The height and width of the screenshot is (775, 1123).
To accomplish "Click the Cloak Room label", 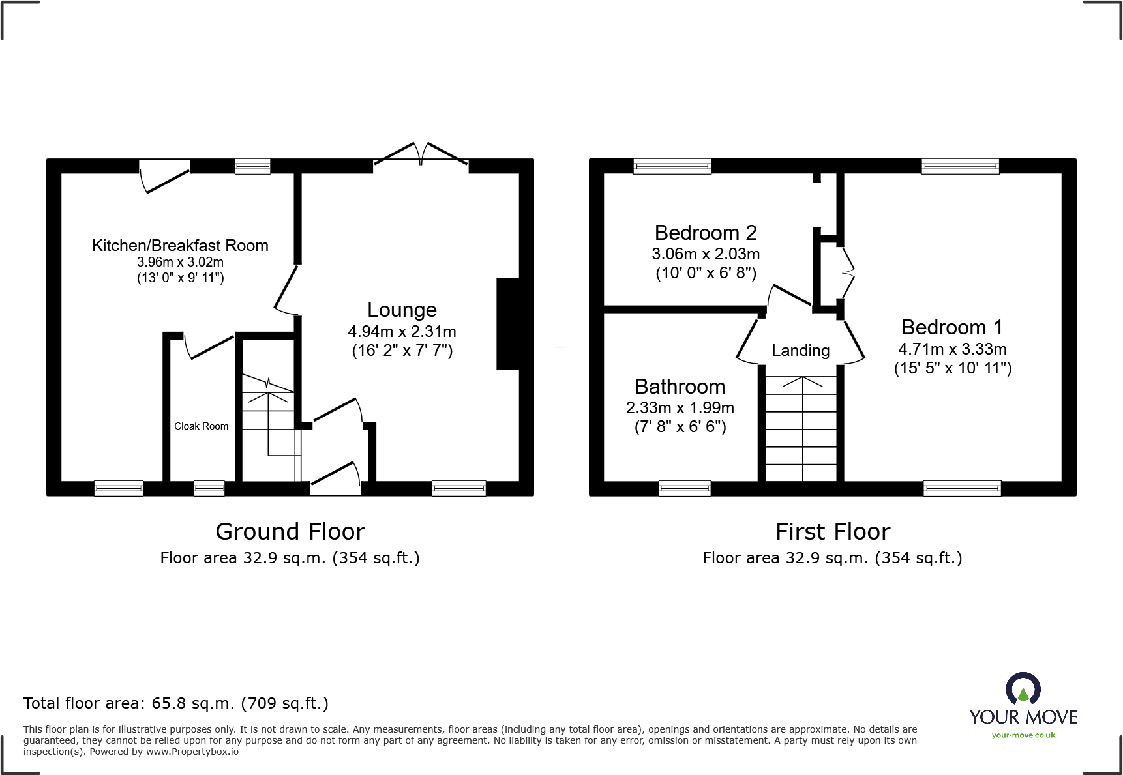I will coord(201,426).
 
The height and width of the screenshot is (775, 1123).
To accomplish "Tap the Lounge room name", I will coord(402,310).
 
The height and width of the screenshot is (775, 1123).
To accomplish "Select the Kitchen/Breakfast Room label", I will coord(180,246).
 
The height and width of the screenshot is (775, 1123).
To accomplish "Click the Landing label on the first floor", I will coord(800,351).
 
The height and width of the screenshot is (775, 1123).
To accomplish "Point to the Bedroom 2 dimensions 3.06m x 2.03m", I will coord(706,254).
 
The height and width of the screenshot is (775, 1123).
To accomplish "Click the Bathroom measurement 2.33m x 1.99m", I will coord(680,408).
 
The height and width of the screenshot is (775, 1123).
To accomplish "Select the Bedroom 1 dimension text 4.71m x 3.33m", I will coord(952,349).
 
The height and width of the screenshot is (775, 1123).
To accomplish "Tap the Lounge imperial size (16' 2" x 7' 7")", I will coord(402,351).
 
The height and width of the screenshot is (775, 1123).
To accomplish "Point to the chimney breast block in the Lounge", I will coord(508,324).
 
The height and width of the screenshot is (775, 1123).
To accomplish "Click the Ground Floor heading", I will coord(290,532).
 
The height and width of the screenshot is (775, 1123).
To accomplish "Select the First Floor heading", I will coord(832,532).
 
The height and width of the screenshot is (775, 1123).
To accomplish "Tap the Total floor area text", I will coord(176,703).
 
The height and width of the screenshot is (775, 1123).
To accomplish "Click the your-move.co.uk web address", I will coord(1023,735).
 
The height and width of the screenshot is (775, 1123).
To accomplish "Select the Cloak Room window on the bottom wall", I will coord(209,488).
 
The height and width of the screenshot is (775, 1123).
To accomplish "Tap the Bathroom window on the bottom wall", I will coord(684,488).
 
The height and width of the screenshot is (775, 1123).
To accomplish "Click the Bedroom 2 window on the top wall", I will coord(672,166).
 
